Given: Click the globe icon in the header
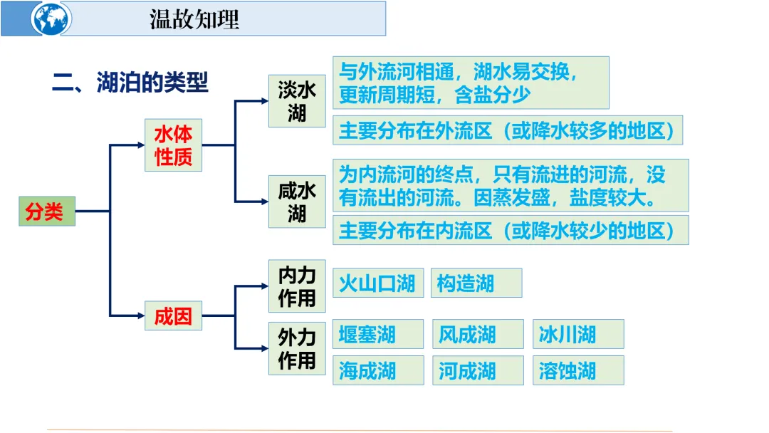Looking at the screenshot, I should point(51,19).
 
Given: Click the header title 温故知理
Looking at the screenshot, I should point(194,19).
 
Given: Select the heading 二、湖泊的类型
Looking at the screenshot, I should point(130,82).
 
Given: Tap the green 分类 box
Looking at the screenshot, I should point(46,211).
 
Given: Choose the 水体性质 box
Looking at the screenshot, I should point(174,145).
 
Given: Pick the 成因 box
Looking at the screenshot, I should point(174,315).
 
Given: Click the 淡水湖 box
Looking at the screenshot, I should point(297,101).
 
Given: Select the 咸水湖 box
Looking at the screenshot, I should point(297,202).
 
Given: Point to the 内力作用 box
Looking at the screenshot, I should point(297,286).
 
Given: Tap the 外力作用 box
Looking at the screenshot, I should point(297,348).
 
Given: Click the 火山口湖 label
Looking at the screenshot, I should point(378,283).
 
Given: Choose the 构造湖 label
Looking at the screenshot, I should point(476,283).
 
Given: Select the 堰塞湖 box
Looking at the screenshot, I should point(378,334).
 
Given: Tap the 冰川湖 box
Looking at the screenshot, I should point(577,334).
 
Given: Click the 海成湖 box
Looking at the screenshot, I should point(378,370).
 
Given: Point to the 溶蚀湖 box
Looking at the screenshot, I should point(577,370).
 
